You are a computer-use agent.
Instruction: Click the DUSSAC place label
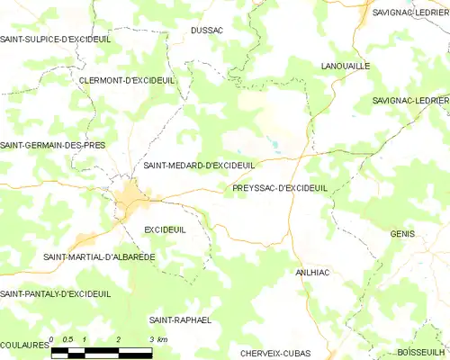tap(206, 30)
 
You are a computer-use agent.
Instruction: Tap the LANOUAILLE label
tap(346, 66)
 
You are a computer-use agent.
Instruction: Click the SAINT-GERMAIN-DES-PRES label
tap(53, 145)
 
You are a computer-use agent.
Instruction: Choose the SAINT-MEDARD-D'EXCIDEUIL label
tap(200, 166)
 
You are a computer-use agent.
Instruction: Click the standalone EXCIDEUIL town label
tap(165, 229)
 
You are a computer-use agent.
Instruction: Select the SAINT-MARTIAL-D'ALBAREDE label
tap(99, 256)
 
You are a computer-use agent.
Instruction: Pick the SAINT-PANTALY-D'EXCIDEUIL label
tap(56, 294)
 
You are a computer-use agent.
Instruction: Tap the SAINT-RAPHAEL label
tap(180, 319)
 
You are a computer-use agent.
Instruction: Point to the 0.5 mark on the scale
tap(69, 339)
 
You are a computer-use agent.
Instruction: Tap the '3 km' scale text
tap(157, 339)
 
